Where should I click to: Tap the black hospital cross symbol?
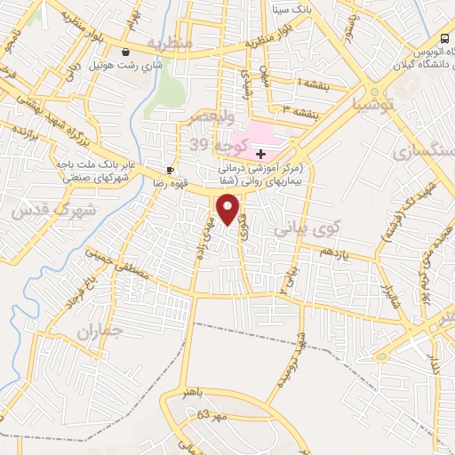(x=259, y=155)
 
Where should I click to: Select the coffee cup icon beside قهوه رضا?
(x=170, y=169)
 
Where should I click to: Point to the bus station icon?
(x=443, y=36)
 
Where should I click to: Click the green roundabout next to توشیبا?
(x=374, y=92)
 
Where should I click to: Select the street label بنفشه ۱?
(x=310, y=84)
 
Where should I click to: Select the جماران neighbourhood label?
(x=98, y=334)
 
